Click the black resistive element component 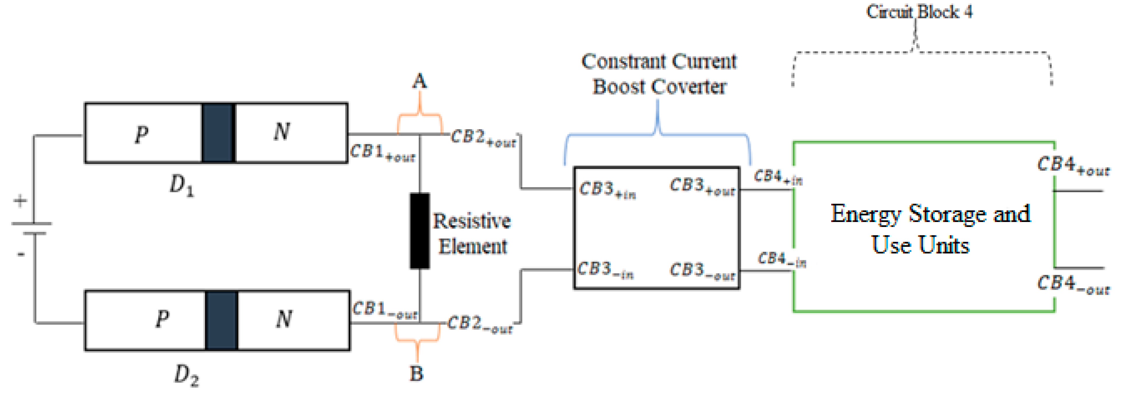click(x=419, y=231)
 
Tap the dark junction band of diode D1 click(x=218, y=133)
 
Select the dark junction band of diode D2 click(x=221, y=320)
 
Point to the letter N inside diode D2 click(x=284, y=319)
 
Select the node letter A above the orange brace click(x=419, y=81)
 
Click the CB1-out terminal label click(x=384, y=310)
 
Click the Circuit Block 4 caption click(x=919, y=12)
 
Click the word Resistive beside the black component click(x=472, y=221)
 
